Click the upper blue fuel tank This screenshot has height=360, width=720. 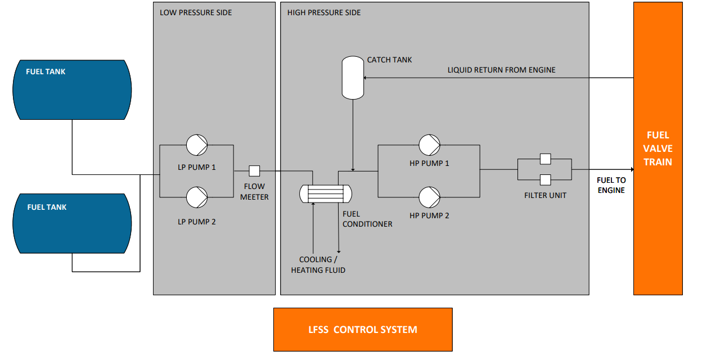pyautogui.click(x=72, y=89)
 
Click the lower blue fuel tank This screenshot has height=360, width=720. pyautogui.click(x=72, y=224)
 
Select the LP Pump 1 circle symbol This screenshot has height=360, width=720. pyautogui.click(x=197, y=145)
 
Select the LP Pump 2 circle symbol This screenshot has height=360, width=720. pyautogui.click(x=197, y=197)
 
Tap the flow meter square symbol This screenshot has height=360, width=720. pyautogui.click(x=254, y=170)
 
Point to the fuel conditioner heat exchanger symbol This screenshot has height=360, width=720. pyautogui.click(x=326, y=193)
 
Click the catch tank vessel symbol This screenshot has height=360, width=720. pyautogui.click(x=353, y=78)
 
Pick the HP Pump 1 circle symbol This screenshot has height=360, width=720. pyautogui.click(x=429, y=145)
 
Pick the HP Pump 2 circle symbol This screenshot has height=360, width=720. pyautogui.click(x=429, y=197)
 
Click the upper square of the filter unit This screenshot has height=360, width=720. pyautogui.click(x=544, y=159)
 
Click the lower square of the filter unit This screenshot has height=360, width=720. pyautogui.click(x=544, y=180)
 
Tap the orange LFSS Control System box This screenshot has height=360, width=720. pyautogui.click(x=363, y=329)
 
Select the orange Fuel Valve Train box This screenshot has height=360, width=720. pyautogui.click(x=658, y=148)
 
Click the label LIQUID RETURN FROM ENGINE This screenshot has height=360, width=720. pyautogui.click(x=501, y=70)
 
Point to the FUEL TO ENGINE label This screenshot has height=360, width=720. pyautogui.click(x=611, y=185)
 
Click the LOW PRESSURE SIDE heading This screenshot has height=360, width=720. pyautogui.click(x=196, y=12)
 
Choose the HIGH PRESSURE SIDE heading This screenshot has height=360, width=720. pyautogui.click(x=324, y=12)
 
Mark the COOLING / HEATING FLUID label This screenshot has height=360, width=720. pyautogui.click(x=318, y=265)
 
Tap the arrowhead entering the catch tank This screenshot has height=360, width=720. pyautogui.click(x=367, y=78)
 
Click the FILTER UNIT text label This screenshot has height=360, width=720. pyautogui.click(x=545, y=195)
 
